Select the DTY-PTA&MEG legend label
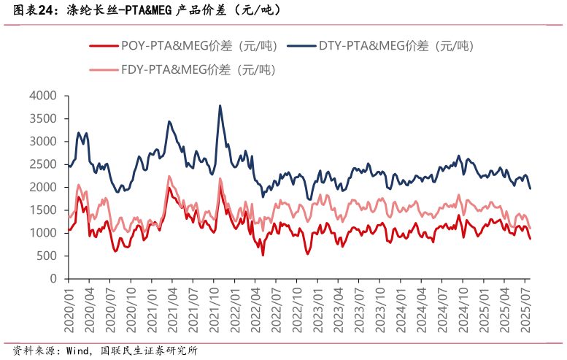pyautogui.click(x=396, y=46)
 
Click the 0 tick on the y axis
pyautogui.click(x=53, y=279)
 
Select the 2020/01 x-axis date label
pyautogui.click(x=69, y=309)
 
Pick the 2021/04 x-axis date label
pyautogui.click(x=172, y=309)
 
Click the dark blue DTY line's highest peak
pyautogui.click(x=220, y=105)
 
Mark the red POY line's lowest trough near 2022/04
pyautogui.click(x=263, y=254)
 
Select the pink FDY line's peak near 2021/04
pyautogui.click(x=169, y=176)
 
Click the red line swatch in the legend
pyautogui.click(x=103, y=46)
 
